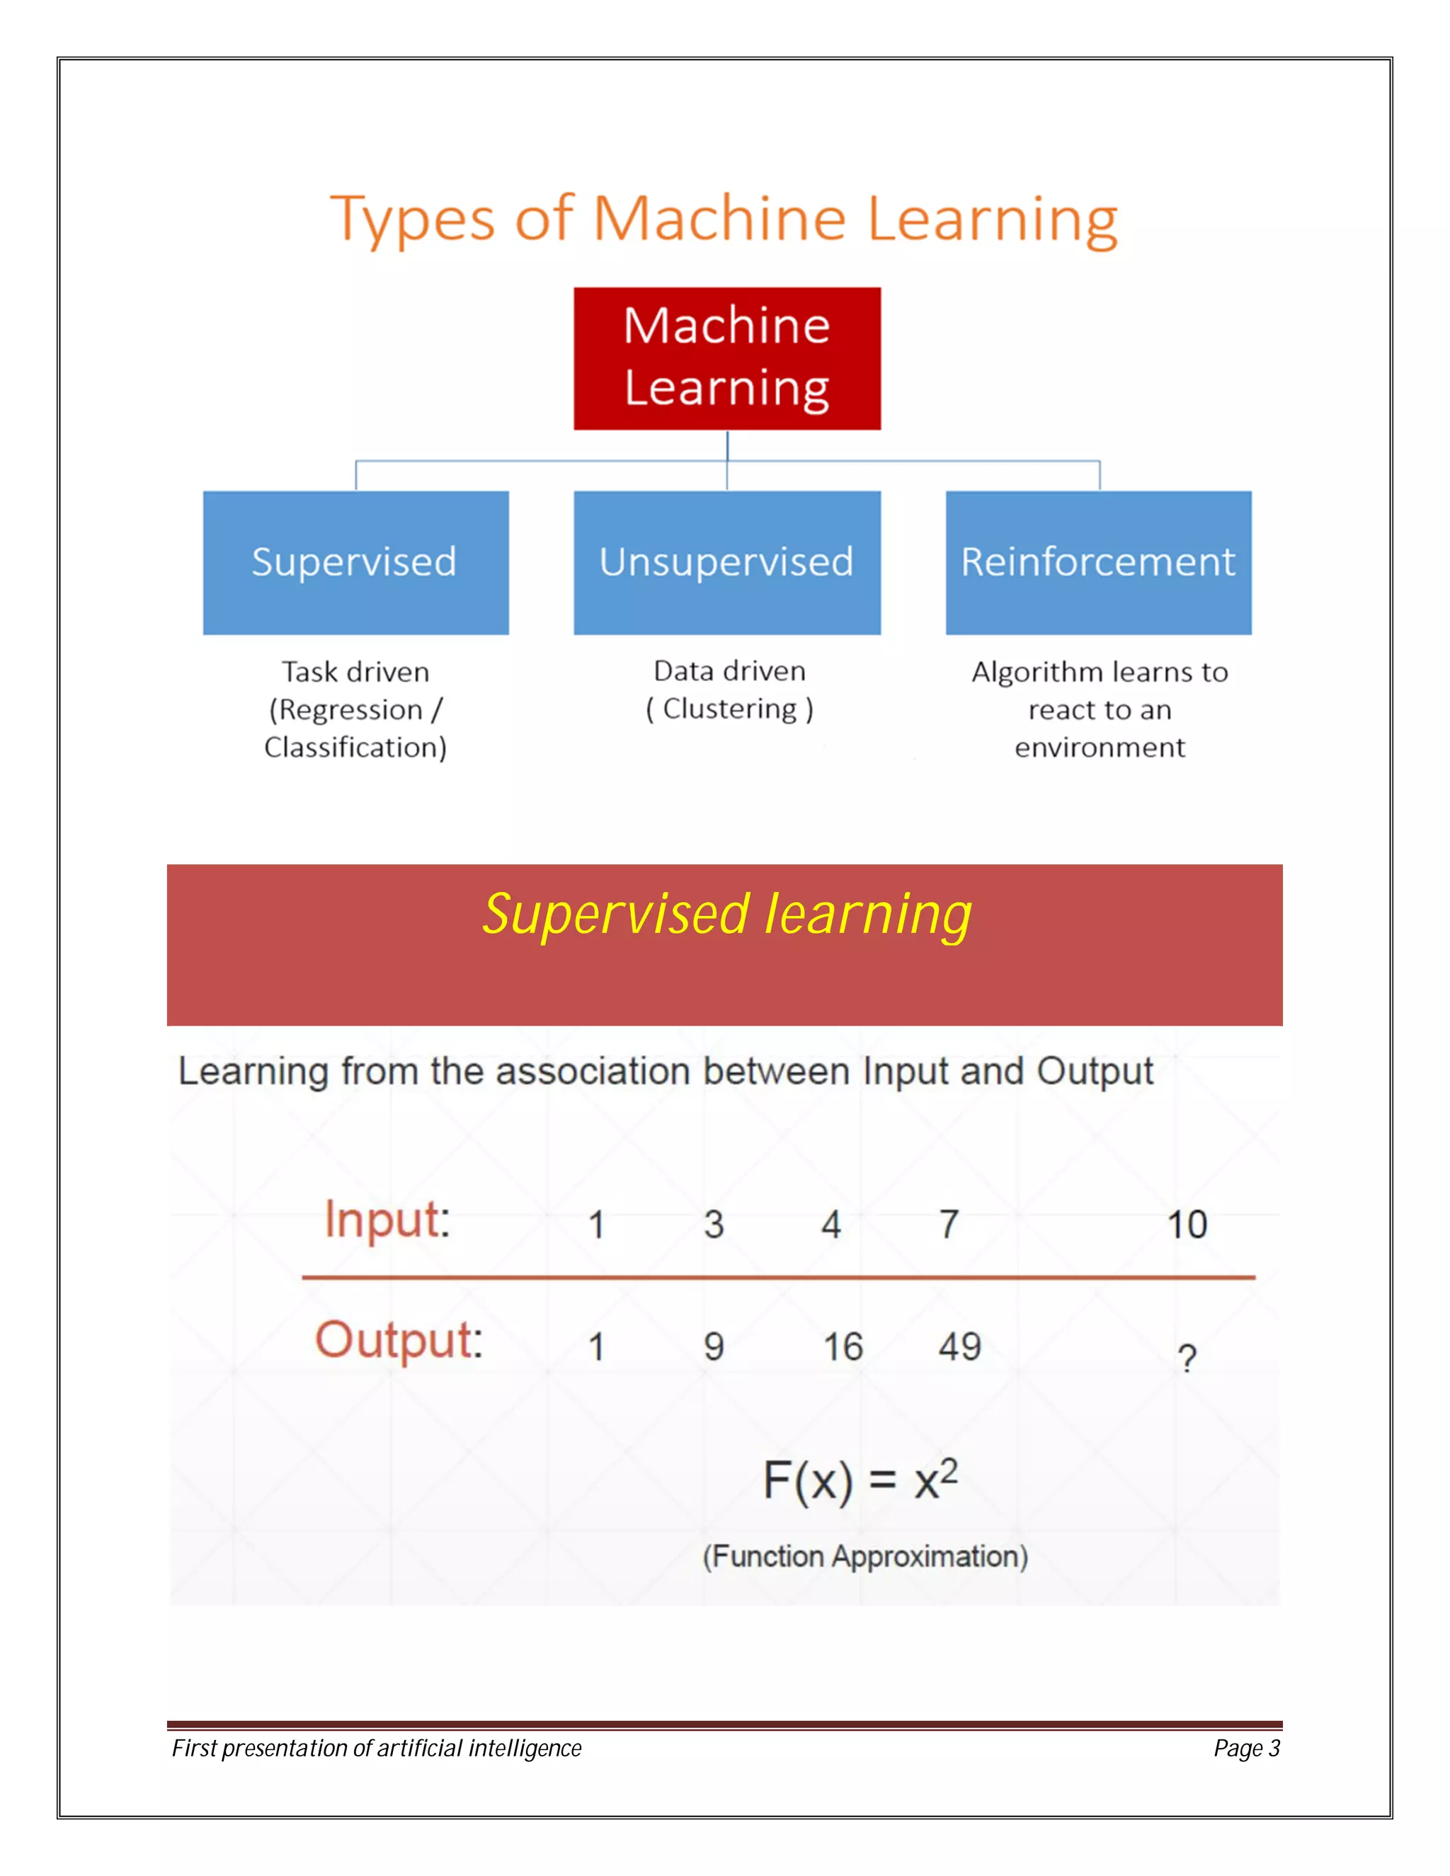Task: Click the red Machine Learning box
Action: [726, 358]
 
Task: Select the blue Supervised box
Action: [355, 563]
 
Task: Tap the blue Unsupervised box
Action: [726, 563]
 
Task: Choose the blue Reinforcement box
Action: [1098, 563]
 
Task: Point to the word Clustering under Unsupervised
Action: [730, 709]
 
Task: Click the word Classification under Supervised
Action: [354, 748]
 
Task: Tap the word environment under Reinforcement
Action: [1100, 748]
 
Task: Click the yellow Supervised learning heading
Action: [726, 914]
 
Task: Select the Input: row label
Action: [387, 1220]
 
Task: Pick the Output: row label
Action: [399, 1340]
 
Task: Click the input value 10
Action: [1187, 1225]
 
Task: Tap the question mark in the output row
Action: [1187, 1358]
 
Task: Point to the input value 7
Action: [948, 1225]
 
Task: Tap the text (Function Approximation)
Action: [865, 1557]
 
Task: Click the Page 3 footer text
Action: [1246, 1748]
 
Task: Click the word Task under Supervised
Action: [309, 672]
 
